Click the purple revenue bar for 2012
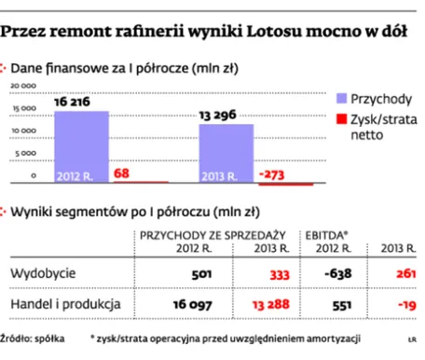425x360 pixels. click(x=81, y=146)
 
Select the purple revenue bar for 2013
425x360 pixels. click(x=226, y=153)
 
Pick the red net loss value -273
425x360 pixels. click(x=272, y=173)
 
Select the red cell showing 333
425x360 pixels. click(x=276, y=274)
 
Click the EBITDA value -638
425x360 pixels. click(x=335, y=274)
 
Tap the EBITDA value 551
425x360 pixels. click(x=339, y=305)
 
